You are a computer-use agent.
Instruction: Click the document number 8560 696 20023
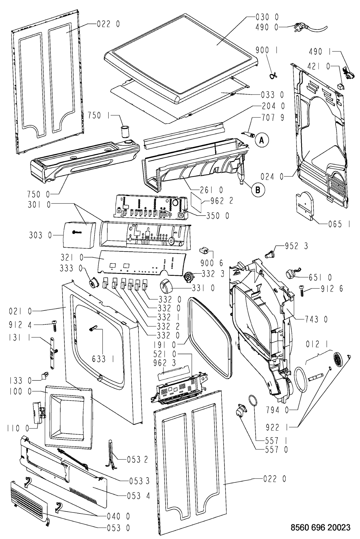point(320,527)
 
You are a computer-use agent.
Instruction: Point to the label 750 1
point(99,115)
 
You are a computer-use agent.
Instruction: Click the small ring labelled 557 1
point(252,401)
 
